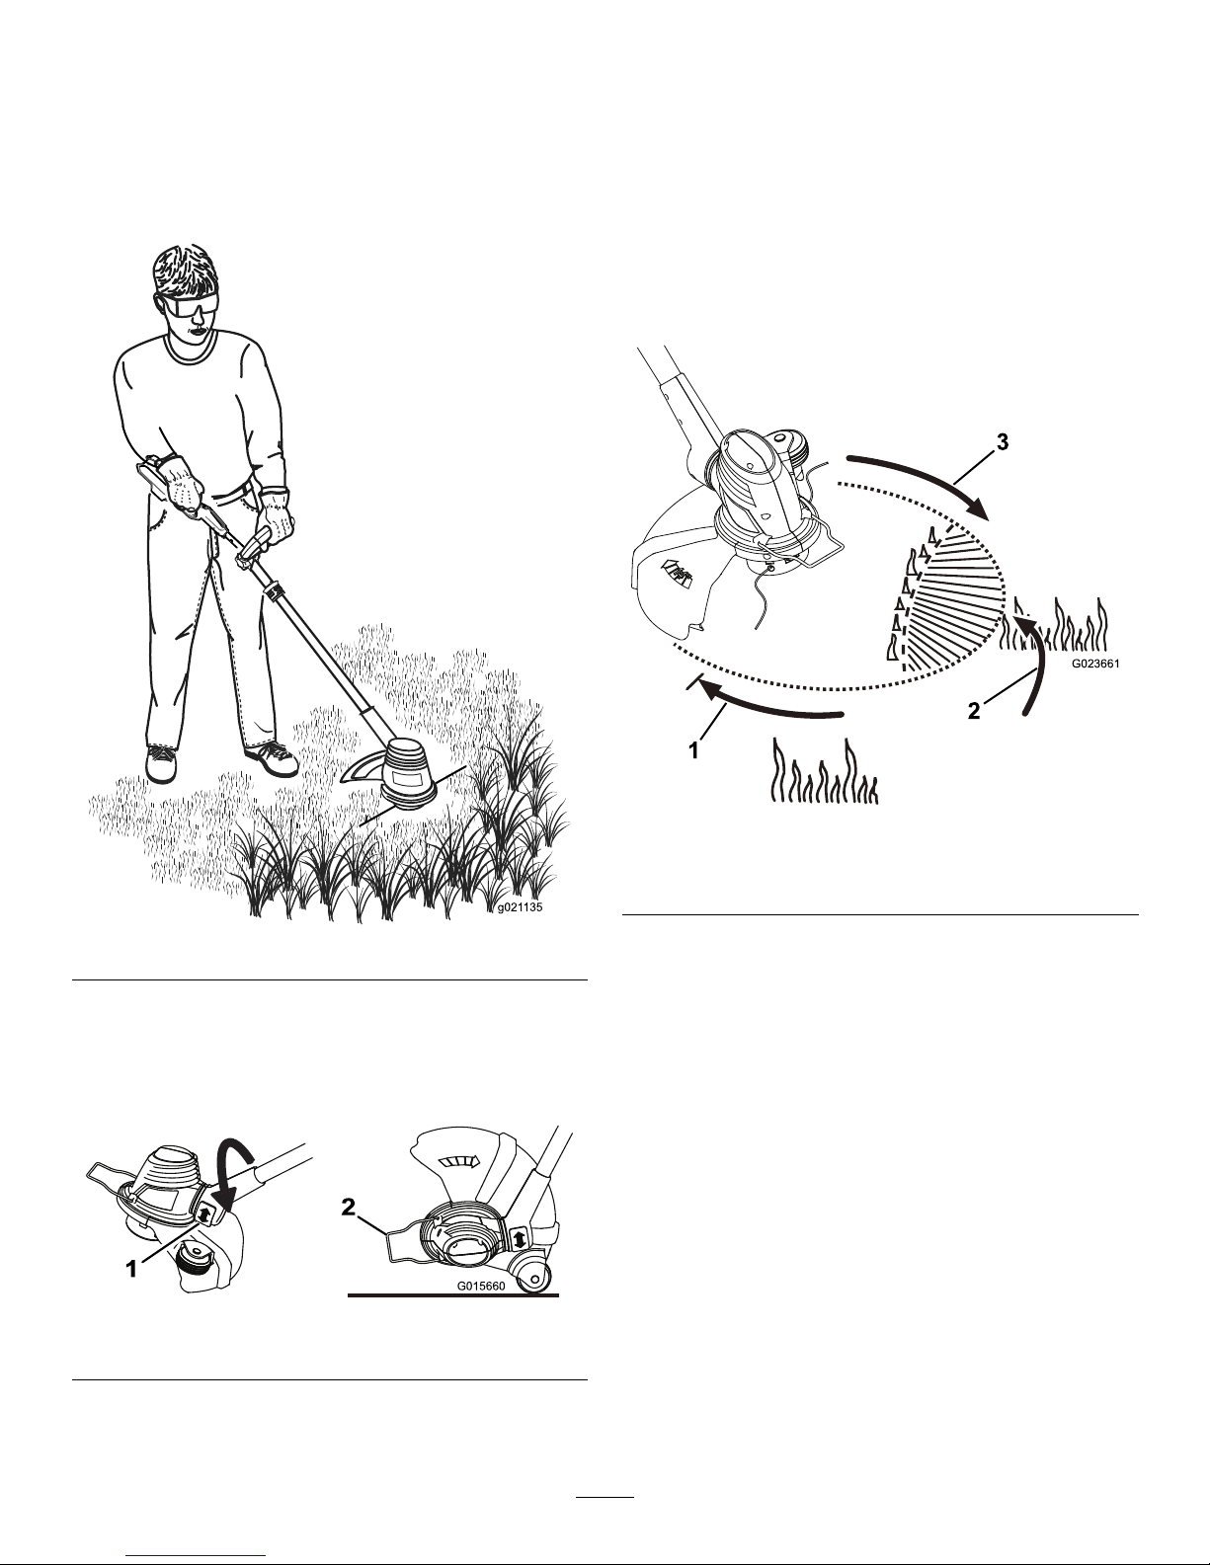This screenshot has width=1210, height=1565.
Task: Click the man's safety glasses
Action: (190, 307)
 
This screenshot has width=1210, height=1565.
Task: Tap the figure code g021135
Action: (520, 907)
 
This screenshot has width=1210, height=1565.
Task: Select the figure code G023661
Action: (1095, 665)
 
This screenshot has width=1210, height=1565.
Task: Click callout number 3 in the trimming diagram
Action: (1002, 442)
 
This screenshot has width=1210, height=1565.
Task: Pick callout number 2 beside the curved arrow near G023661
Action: (974, 712)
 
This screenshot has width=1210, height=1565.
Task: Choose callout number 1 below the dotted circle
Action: (693, 751)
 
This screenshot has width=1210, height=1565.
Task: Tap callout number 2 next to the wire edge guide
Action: (349, 1207)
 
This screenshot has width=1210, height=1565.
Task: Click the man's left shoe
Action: (272, 759)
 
